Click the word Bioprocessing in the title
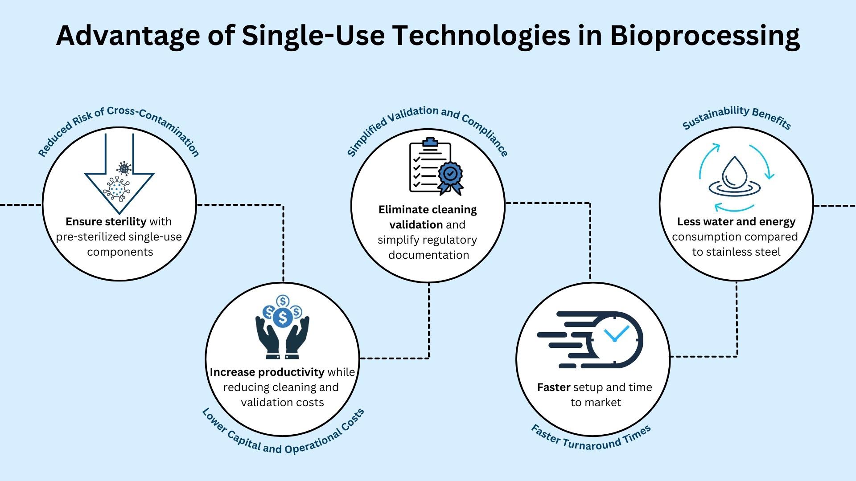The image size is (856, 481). point(704,36)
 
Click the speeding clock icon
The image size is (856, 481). point(593,339)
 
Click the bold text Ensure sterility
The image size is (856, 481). point(106,221)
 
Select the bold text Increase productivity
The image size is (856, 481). point(267,372)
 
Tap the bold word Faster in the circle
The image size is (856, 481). point(553,387)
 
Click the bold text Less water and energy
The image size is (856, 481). point(736,221)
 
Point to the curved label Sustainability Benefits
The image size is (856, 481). point(737,117)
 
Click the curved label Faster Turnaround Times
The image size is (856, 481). point(591,438)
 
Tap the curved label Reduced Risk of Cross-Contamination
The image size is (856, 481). point(119,127)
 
